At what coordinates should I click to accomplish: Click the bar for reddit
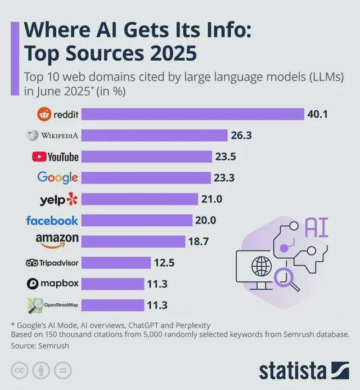point(191,114)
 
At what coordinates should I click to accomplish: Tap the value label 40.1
point(317,114)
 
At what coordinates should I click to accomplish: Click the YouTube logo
point(55,156)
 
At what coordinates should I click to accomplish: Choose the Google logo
point(57,177)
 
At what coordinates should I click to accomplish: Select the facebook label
point(52,220)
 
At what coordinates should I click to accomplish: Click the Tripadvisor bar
point(115,263)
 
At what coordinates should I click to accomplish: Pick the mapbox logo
point(51,284)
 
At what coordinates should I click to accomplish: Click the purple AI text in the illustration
point(317,227)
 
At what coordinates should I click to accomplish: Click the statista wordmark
point(292,371)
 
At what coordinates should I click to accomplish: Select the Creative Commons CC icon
point(21,370)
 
